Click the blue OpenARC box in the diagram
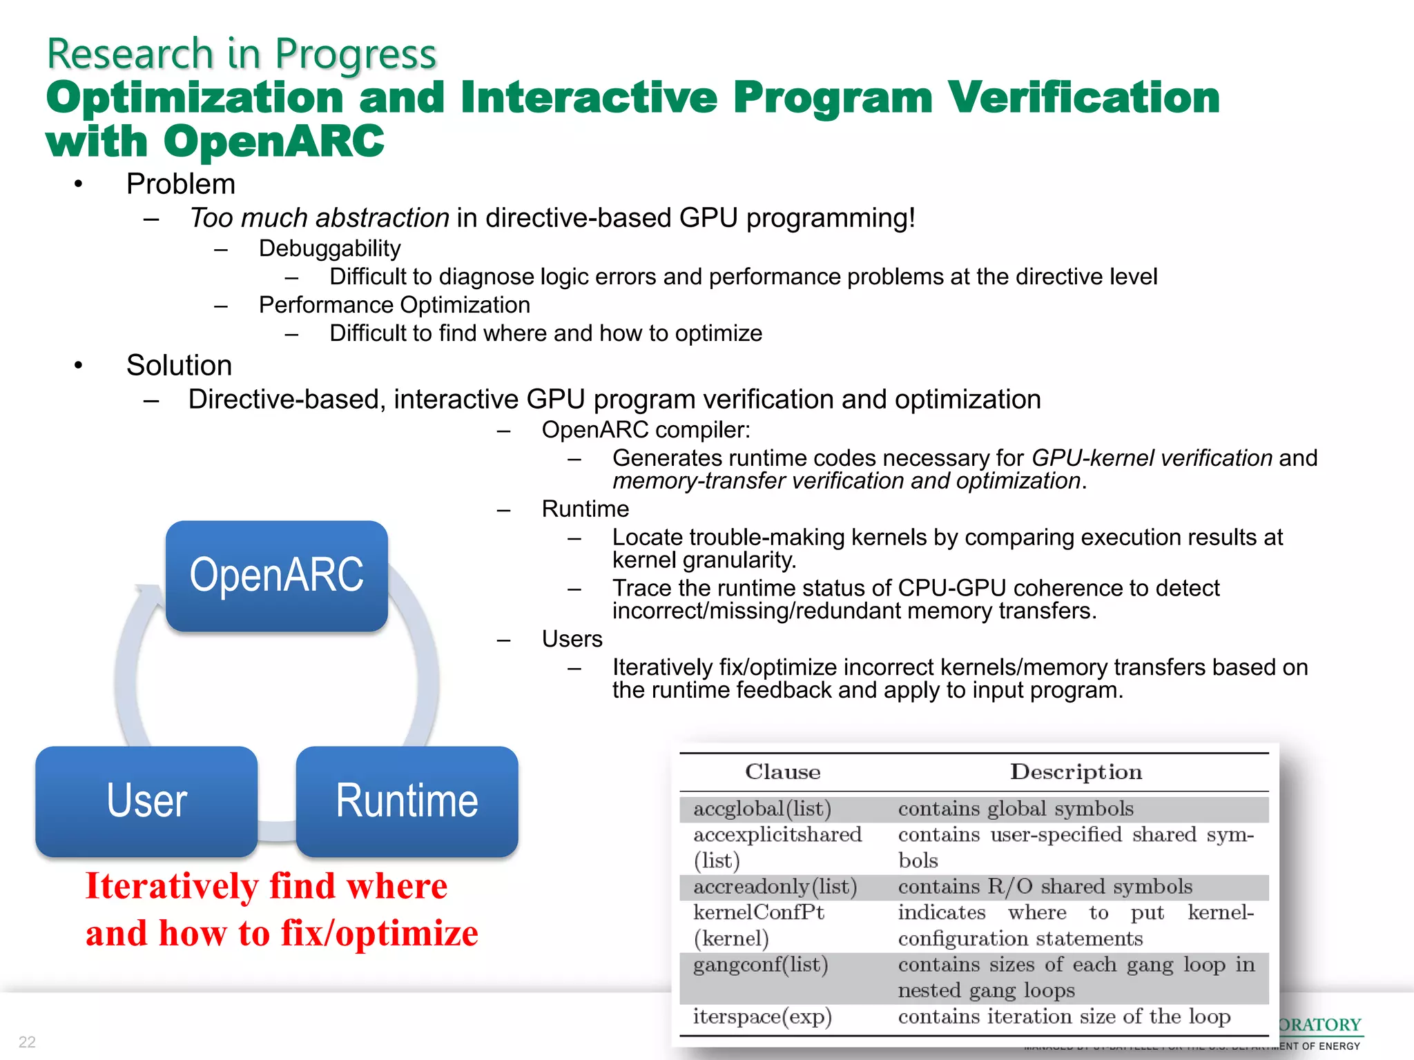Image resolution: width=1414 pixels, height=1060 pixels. pos(276,576)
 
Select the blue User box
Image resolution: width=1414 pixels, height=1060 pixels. pos(146,801)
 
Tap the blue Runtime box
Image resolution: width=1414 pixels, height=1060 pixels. pos(407,801)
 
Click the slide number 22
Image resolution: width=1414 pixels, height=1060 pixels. pos(27,1041)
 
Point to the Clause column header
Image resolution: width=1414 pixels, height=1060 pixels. pos(782,772)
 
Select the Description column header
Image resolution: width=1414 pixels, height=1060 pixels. pos(1075,772)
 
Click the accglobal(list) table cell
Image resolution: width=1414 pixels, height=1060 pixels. pos(762,808)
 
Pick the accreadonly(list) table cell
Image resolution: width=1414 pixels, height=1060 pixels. pos(775,886)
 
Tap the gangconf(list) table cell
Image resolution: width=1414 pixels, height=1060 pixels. pos(760,964)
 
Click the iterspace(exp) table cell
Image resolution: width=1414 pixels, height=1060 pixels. pos(762,1016)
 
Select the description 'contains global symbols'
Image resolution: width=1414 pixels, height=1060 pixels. pos(1015,808)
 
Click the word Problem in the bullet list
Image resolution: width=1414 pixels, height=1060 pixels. pos(180,184)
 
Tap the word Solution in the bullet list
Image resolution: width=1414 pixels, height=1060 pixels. pos(179,366)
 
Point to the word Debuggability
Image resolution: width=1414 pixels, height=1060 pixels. pos(329,248)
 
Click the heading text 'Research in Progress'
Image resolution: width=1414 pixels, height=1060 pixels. pos(241,54)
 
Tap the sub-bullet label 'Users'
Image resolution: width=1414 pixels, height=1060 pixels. pos(572,639)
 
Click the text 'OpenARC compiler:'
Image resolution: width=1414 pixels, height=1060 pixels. pos(646,430)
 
